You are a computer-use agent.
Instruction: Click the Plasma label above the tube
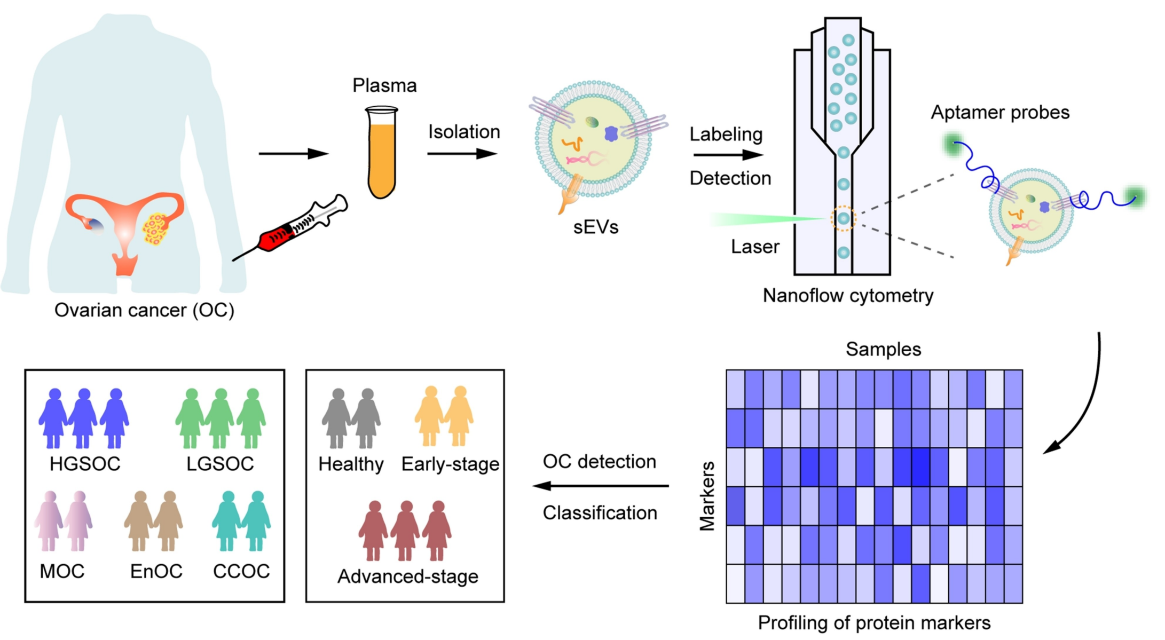(384, 85)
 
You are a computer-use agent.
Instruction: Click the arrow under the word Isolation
(462, 154)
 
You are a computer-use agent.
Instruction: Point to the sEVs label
(596, 227)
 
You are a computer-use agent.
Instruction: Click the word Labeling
(726, 135)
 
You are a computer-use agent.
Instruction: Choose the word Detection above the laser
(730, 178)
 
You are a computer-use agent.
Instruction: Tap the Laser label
(755, 247)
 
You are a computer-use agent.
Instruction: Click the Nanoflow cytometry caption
(848, 296)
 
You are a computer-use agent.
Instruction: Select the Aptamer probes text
(1000, 113)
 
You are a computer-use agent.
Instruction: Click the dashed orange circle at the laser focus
(843, 218)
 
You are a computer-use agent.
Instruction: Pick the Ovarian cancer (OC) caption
(144, 310)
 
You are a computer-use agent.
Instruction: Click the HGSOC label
(85, 464)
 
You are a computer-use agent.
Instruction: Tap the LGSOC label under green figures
(220, 464)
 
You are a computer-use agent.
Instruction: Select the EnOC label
(156, 572)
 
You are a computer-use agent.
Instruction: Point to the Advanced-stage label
(408, 576)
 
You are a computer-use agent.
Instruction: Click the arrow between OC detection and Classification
(601, 486)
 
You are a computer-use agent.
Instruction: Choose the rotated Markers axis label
(707, 496)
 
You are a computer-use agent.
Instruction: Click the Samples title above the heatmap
(883, 350)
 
